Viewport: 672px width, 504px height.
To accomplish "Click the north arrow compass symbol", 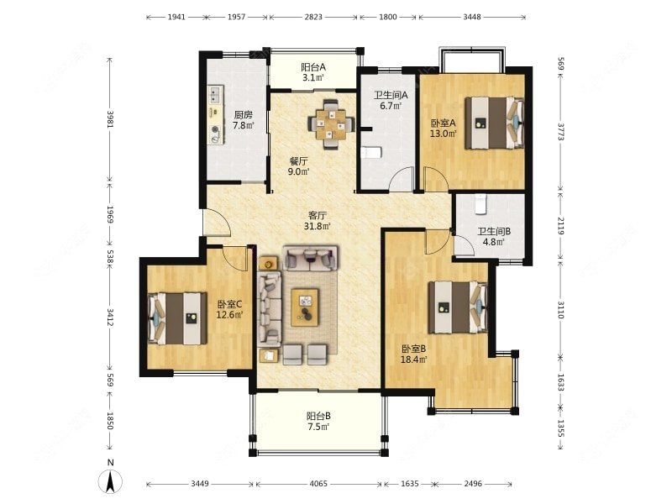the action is click(111, 478).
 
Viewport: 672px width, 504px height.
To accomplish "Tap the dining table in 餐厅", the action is click(331, 124).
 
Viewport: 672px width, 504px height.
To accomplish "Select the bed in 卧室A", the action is click(495, 123).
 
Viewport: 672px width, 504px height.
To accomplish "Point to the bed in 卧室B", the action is click(458, 307).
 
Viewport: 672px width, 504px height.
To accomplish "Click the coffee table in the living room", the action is click(305, 307).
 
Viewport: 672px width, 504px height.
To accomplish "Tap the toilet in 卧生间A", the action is click(371, 153).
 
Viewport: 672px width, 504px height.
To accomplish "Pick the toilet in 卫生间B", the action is click(481, 204).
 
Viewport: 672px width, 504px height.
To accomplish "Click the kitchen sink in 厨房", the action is click(215, 95).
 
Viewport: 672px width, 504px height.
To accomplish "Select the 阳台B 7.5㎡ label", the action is click(318, 422).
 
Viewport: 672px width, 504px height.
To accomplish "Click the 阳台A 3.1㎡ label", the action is click(312, 72).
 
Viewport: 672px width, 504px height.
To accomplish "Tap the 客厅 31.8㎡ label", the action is click(318, 221).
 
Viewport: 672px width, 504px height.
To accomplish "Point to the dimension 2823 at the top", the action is click(313, 17).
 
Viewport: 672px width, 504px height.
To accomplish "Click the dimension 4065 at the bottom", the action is click(318, 484).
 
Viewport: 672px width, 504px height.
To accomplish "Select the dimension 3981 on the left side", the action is click(110, 119).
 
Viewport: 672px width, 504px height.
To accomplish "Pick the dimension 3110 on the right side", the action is click(560, 310).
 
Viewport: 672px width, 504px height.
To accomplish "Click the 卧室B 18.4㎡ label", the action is click(413, 354).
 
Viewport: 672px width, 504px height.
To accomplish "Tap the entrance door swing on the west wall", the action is click(217, 222).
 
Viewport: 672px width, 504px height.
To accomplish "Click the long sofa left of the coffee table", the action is click(269, 308).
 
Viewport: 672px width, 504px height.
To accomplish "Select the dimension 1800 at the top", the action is click(388, 17).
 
